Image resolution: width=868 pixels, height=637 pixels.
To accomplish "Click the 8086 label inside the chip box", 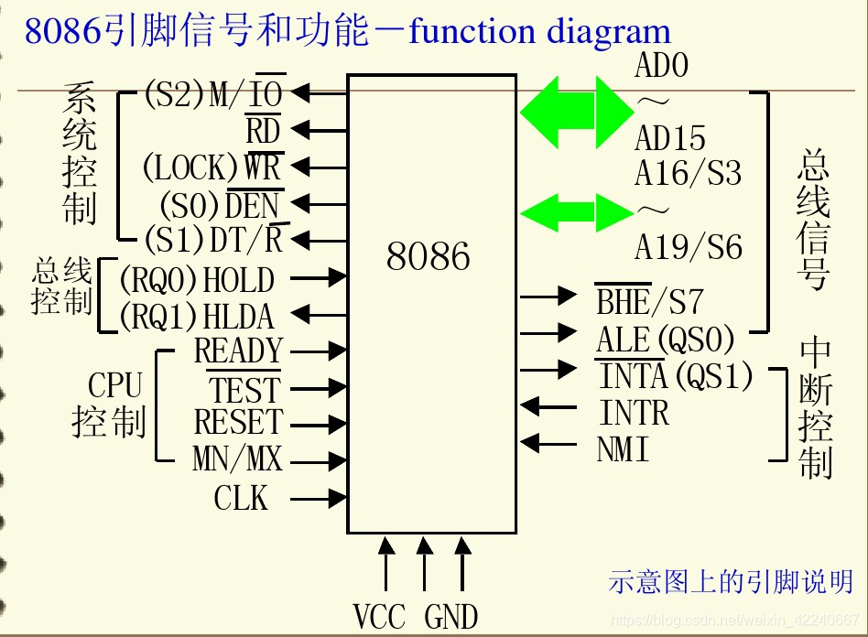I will coord(429,257).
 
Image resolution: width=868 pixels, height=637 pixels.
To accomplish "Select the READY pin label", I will coord(238,351).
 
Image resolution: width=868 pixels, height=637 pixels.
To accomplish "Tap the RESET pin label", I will coord(238,423).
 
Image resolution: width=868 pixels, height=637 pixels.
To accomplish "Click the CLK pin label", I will coord(242,499).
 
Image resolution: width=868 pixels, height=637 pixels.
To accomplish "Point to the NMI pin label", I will coord(624,450).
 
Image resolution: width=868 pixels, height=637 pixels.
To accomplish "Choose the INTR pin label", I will coord(635,414).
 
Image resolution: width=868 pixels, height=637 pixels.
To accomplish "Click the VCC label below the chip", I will coord(379,616).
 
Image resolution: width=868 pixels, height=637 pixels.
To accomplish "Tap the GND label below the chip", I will coord(450,616).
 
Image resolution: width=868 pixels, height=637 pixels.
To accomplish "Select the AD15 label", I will coord(670,139).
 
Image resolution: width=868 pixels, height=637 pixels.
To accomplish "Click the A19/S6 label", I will coord(688,248).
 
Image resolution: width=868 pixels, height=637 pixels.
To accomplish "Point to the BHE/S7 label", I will coord(649,301).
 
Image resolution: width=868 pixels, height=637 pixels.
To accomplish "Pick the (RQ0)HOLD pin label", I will coord(197,280).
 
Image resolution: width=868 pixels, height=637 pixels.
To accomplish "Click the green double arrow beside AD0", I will coord(576,111).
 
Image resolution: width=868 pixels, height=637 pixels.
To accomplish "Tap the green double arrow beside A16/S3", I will coord(576,211).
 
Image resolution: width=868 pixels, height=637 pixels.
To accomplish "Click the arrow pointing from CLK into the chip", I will coord(320,499).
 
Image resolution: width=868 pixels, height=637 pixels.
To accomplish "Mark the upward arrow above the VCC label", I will coord(386,564).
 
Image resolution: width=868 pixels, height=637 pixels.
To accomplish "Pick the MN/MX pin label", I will coord(237,459).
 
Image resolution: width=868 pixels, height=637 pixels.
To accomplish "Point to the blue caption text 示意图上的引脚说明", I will coord(731,582).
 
